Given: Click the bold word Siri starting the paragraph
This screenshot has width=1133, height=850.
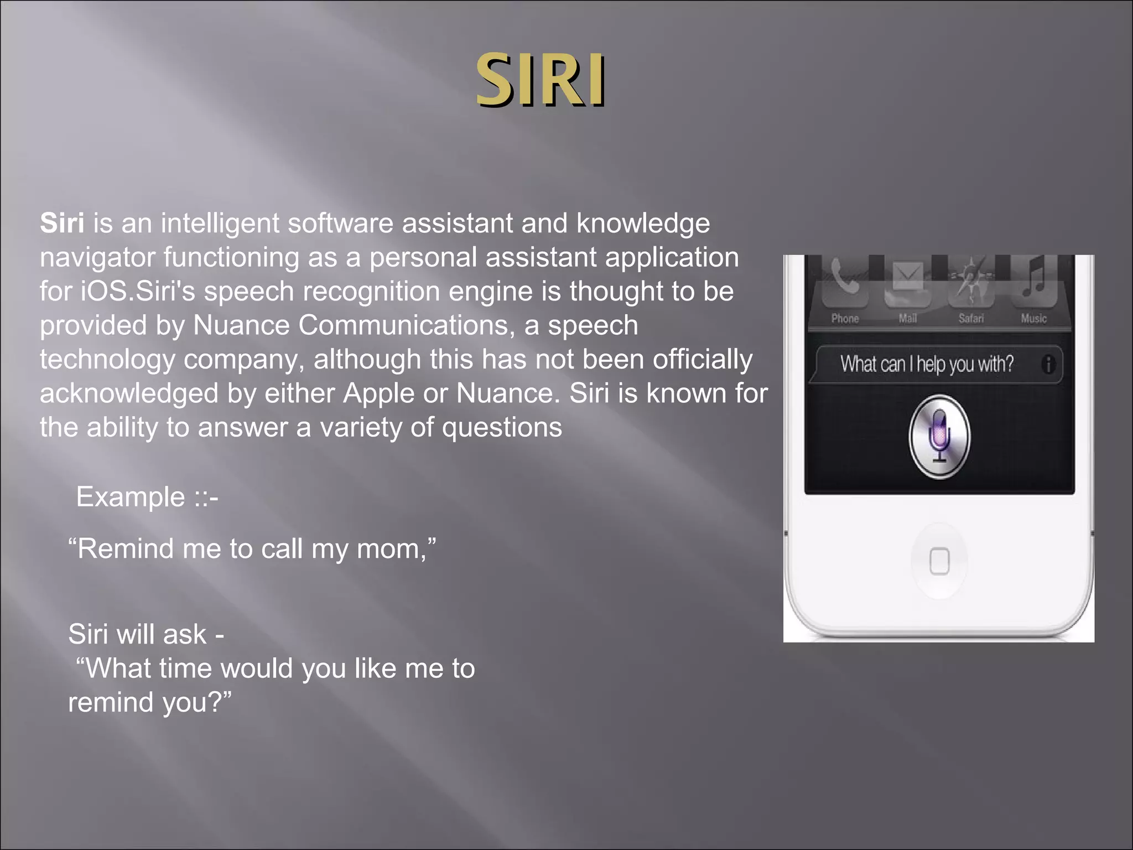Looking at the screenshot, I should tap(62, 223).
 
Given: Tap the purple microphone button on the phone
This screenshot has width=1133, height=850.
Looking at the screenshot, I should tap(939, 436).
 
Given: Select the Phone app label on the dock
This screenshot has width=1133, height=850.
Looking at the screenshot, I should tap(845, 318).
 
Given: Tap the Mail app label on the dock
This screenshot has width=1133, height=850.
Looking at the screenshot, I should tap(907, 318).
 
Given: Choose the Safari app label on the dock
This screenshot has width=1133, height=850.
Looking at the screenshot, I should tap(971, 318).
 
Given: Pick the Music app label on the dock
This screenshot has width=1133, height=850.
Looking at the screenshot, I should tap(1033, 318).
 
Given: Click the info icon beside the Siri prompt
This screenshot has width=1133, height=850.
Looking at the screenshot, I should tap(1048, 364).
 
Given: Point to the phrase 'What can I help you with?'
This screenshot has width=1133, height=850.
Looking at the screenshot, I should tap(927, 364).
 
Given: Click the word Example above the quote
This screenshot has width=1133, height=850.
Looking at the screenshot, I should tap(131, 496).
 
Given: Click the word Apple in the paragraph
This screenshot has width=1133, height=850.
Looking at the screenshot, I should tap(378, 393).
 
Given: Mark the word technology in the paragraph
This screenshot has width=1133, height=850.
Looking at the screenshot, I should tap(107, 360).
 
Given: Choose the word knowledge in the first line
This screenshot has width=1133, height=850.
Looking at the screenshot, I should tap(643, 224).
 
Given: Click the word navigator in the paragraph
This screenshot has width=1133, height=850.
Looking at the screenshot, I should tap(97, 257).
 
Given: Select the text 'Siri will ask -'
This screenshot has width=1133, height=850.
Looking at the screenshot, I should tap(146, 634).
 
